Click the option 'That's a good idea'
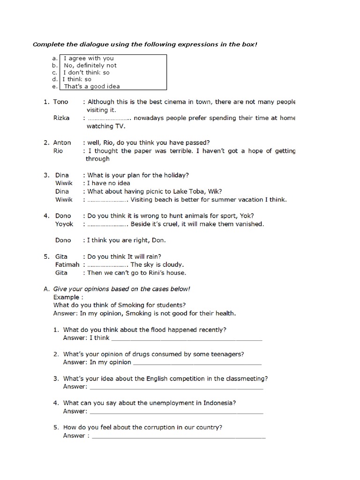click(x=92, y=86)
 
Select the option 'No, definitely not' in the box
click(x=90, y=66)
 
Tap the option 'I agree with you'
click(x=89, y=59)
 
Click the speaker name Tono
click(x=60, y=102)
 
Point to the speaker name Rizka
click(x=61, y=118)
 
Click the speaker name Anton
click(x=62, y=142)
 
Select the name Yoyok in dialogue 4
click(x=64, y=224)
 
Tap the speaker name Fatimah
click(x=67, y=264)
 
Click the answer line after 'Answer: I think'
click(x=187, y=338)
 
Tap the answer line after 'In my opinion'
click(x=197, y=363)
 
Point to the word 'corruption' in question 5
click(x=147, y=427)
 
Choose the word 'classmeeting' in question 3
click(x=246, y=379)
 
